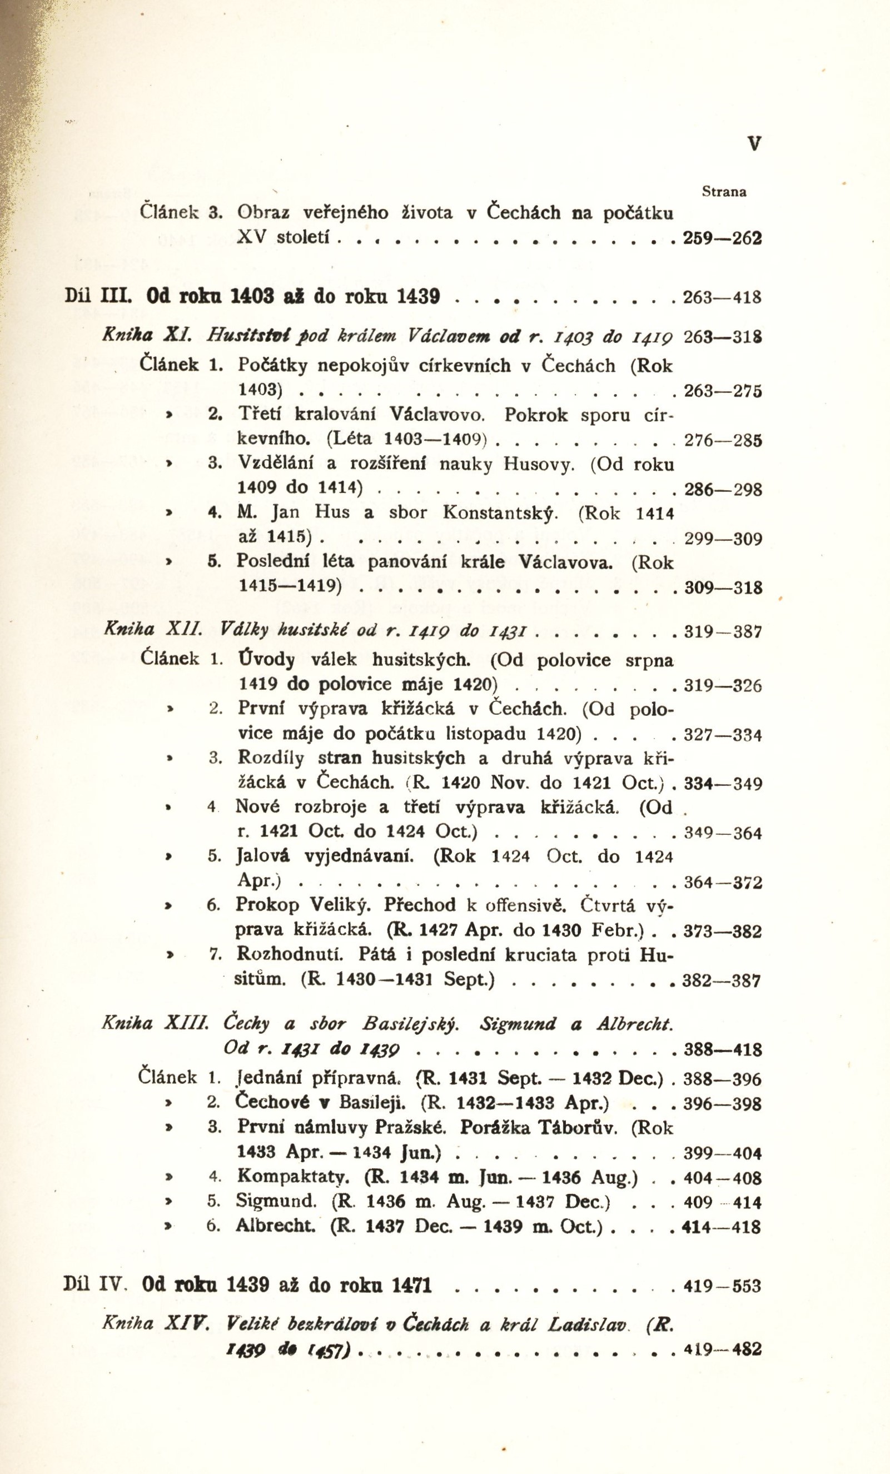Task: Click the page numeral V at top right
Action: pos(755,143)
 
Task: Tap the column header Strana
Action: pos(724,192)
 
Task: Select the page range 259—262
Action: pos(723,238)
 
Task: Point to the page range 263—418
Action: pos(723,297)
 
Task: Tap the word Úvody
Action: pos(266,660)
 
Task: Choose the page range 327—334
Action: pos(723,735)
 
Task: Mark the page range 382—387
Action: pos(723,981)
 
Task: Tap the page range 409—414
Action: pos(723,1202)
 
